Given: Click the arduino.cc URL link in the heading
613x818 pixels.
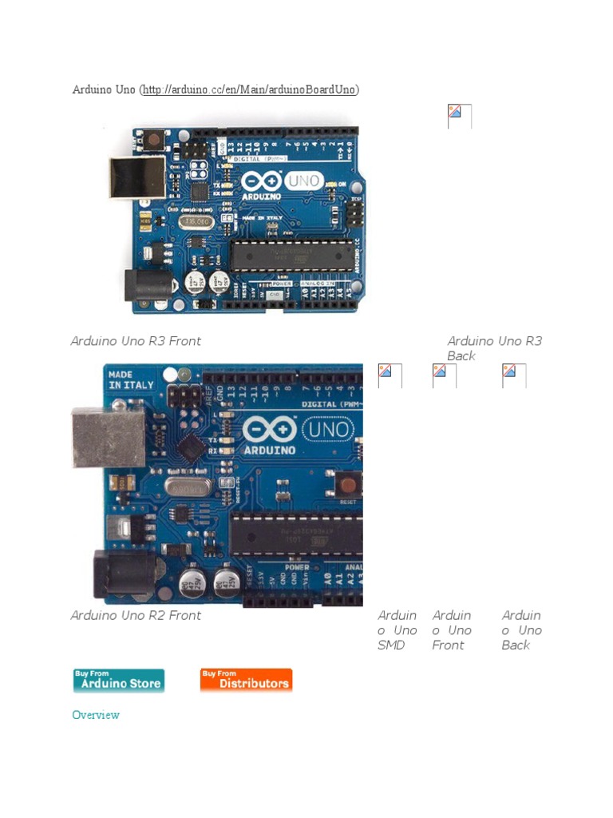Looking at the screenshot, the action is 250,89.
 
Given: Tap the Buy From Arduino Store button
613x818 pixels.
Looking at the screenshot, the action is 119,680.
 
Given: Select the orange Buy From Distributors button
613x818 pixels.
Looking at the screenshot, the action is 246,680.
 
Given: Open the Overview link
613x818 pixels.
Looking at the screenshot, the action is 96,715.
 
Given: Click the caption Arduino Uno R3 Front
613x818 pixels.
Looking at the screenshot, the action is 136,341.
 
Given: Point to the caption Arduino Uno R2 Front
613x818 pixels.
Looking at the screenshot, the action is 136,616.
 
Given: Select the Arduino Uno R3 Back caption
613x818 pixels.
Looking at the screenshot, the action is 494,348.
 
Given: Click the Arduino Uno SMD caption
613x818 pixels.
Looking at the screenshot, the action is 397,630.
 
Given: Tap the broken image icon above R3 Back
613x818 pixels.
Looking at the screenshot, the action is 459,116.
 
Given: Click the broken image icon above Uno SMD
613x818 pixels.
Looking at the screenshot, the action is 390,375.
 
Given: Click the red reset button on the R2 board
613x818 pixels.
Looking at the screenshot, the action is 347,484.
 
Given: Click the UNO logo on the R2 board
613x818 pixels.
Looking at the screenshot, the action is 327,430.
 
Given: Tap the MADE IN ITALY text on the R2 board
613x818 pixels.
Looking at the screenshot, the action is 131,379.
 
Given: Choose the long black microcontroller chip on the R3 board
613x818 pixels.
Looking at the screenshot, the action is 292,255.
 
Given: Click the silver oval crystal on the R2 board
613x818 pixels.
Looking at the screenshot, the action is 188,486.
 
